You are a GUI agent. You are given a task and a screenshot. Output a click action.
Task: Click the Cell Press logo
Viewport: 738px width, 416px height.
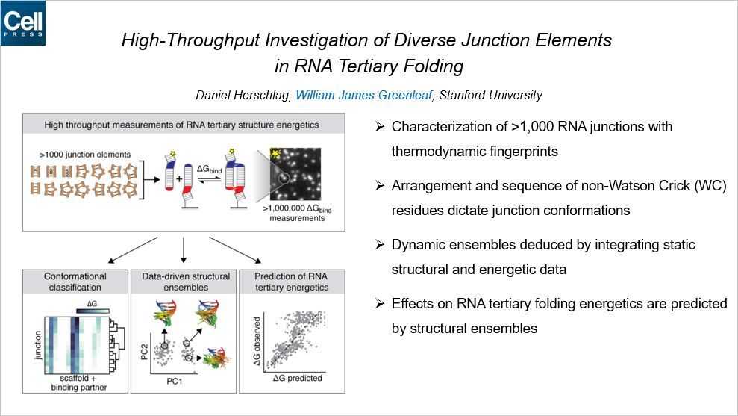22,22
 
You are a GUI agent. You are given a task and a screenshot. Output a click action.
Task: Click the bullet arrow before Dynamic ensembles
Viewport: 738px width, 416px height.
379,245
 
